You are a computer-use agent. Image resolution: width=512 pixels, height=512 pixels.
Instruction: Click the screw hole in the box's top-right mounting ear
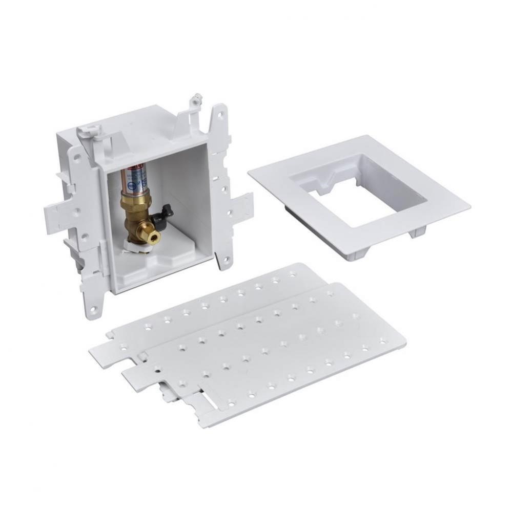pyautogui.click(x=220, y=116)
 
